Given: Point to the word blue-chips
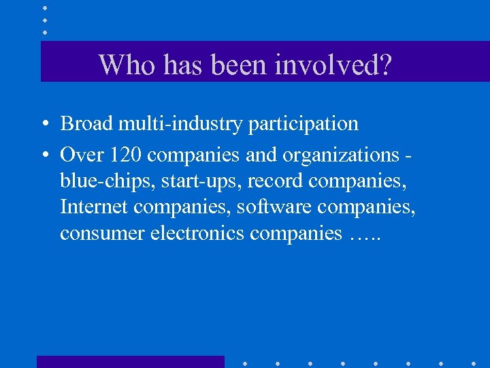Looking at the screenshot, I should click(95, 182).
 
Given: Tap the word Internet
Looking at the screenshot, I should click(92, 207).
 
